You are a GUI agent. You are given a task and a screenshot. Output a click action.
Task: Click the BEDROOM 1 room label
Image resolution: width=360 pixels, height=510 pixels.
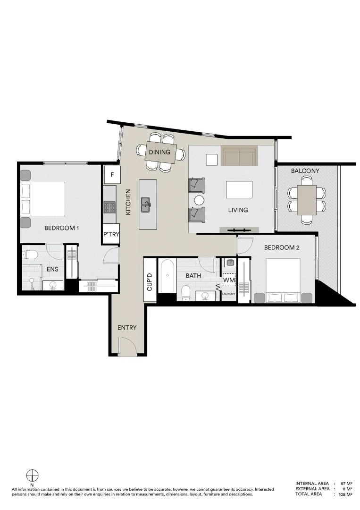(61, 228)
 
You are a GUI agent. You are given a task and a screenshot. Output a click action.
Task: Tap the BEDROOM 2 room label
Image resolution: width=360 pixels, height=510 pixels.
(282, 247)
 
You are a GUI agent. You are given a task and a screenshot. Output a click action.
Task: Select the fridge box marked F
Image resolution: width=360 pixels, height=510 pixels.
(112, 175)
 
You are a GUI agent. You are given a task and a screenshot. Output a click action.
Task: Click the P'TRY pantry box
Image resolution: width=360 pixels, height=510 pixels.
(111, 234)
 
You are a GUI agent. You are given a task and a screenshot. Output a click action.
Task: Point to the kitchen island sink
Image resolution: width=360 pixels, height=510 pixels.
(147, 204)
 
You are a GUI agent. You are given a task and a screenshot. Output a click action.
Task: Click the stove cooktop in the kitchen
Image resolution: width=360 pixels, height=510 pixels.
(109, 207)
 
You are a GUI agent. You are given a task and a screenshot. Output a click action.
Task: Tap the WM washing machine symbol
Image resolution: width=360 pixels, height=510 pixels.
(229, 280)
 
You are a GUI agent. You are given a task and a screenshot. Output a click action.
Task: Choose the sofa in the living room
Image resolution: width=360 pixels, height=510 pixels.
(239, 156)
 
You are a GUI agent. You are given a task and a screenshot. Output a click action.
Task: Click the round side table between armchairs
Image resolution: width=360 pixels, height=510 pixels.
(199, 200)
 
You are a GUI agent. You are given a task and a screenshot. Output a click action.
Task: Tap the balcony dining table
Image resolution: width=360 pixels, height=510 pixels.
(307, 199)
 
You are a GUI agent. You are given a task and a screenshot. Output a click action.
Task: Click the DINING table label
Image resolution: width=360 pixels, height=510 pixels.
(159, 153)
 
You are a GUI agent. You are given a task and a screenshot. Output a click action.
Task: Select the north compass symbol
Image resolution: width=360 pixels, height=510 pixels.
(32, 476)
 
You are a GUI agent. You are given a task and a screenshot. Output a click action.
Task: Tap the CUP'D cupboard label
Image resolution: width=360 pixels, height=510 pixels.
(150, 281)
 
